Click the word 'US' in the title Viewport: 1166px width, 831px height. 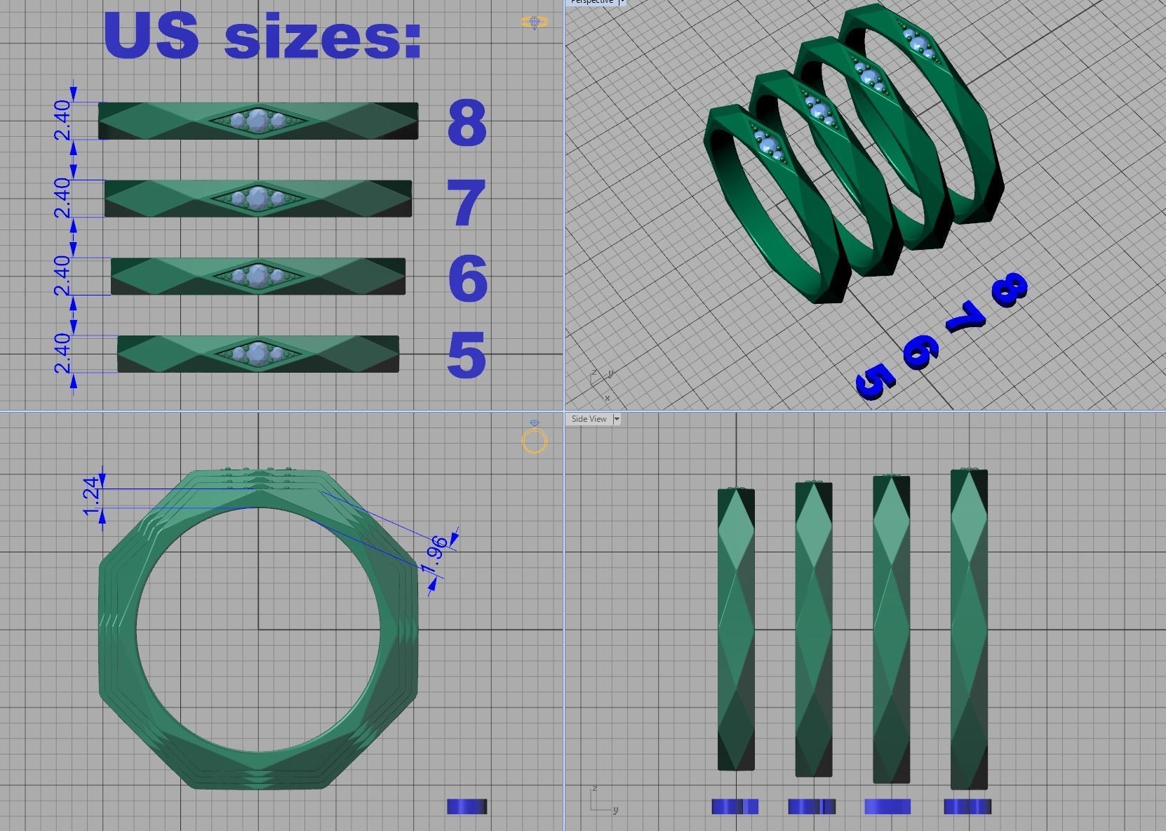point(152,35)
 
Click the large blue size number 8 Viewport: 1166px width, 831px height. point(467,123)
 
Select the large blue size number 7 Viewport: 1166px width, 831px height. point(467,203)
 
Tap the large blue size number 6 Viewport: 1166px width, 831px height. point(467,279)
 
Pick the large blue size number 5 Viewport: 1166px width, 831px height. point(467,354)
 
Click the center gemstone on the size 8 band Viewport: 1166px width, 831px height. point(258,120)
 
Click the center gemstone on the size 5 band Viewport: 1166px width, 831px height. point(258,353)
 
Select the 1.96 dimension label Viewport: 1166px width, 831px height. point(436,552)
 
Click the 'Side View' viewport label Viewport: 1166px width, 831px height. point(589,419)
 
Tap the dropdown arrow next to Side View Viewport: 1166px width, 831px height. point(617,419)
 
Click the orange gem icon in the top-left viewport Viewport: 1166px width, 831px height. point(535,22)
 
